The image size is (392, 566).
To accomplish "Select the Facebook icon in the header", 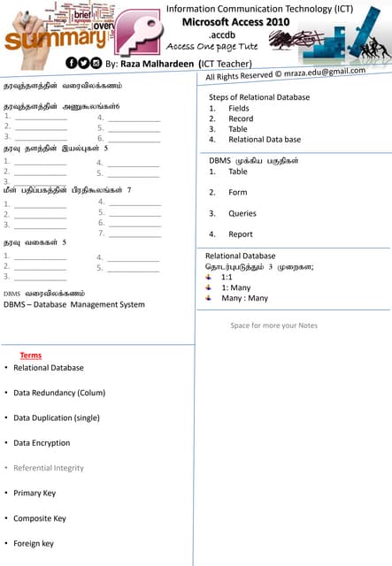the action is (x=72, y=63).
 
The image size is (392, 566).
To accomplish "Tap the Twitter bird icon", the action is (x=84, y=63).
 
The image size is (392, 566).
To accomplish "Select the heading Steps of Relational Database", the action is (x=259, y=96).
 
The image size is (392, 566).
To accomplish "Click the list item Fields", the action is (x=239, y=108).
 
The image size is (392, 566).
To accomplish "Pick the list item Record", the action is (x=241, y=119).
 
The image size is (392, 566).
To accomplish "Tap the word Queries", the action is (x=242, y=213).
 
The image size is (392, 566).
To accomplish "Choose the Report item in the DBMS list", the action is (x=241, y=234).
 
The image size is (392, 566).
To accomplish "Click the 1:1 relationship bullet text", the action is (x=227, y=277).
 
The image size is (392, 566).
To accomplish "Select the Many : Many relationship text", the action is (x=244, y=298).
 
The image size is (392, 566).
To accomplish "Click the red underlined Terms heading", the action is (x=31, y=356).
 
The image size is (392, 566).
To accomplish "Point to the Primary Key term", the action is (x=35, y=493).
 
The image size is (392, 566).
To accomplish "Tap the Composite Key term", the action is (x=40, y=518).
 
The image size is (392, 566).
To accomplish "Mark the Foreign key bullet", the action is (x=34, y=543).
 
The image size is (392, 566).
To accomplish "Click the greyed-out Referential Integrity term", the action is (x=49, y=468).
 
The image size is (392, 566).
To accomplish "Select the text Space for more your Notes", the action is (x=273, y=325).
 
